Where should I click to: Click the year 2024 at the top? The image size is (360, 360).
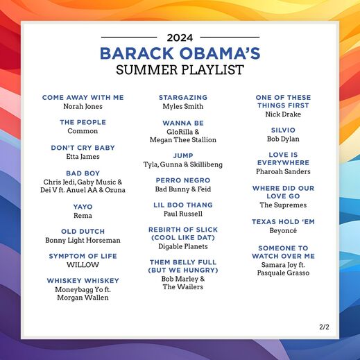coord(180,37)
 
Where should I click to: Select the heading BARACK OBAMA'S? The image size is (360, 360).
coord(180,53)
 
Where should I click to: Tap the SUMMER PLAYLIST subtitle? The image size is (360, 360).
coord(180,69)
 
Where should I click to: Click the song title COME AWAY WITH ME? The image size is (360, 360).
coord(83,98)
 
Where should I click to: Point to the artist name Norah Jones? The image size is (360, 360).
coord(83,107)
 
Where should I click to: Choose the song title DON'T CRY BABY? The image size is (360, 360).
coord(83,148)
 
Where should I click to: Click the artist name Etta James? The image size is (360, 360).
coord(83,157)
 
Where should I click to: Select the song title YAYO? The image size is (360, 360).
coord(83,207)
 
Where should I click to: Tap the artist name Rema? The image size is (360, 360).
coord(83,216)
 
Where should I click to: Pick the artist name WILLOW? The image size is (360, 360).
coord(83,265)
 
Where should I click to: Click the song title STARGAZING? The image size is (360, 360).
coord(183,98)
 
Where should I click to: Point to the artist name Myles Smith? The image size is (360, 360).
coord(183,107)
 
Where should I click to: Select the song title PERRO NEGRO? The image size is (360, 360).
coord(183,180)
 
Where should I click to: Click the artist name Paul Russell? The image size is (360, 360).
coord(183,214)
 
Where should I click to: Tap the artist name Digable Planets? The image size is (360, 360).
coord(183,246)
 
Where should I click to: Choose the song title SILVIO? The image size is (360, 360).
coord(282,130)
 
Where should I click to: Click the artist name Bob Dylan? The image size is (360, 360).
coord(282,139)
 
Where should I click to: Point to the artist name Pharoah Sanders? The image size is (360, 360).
coord(282,171)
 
